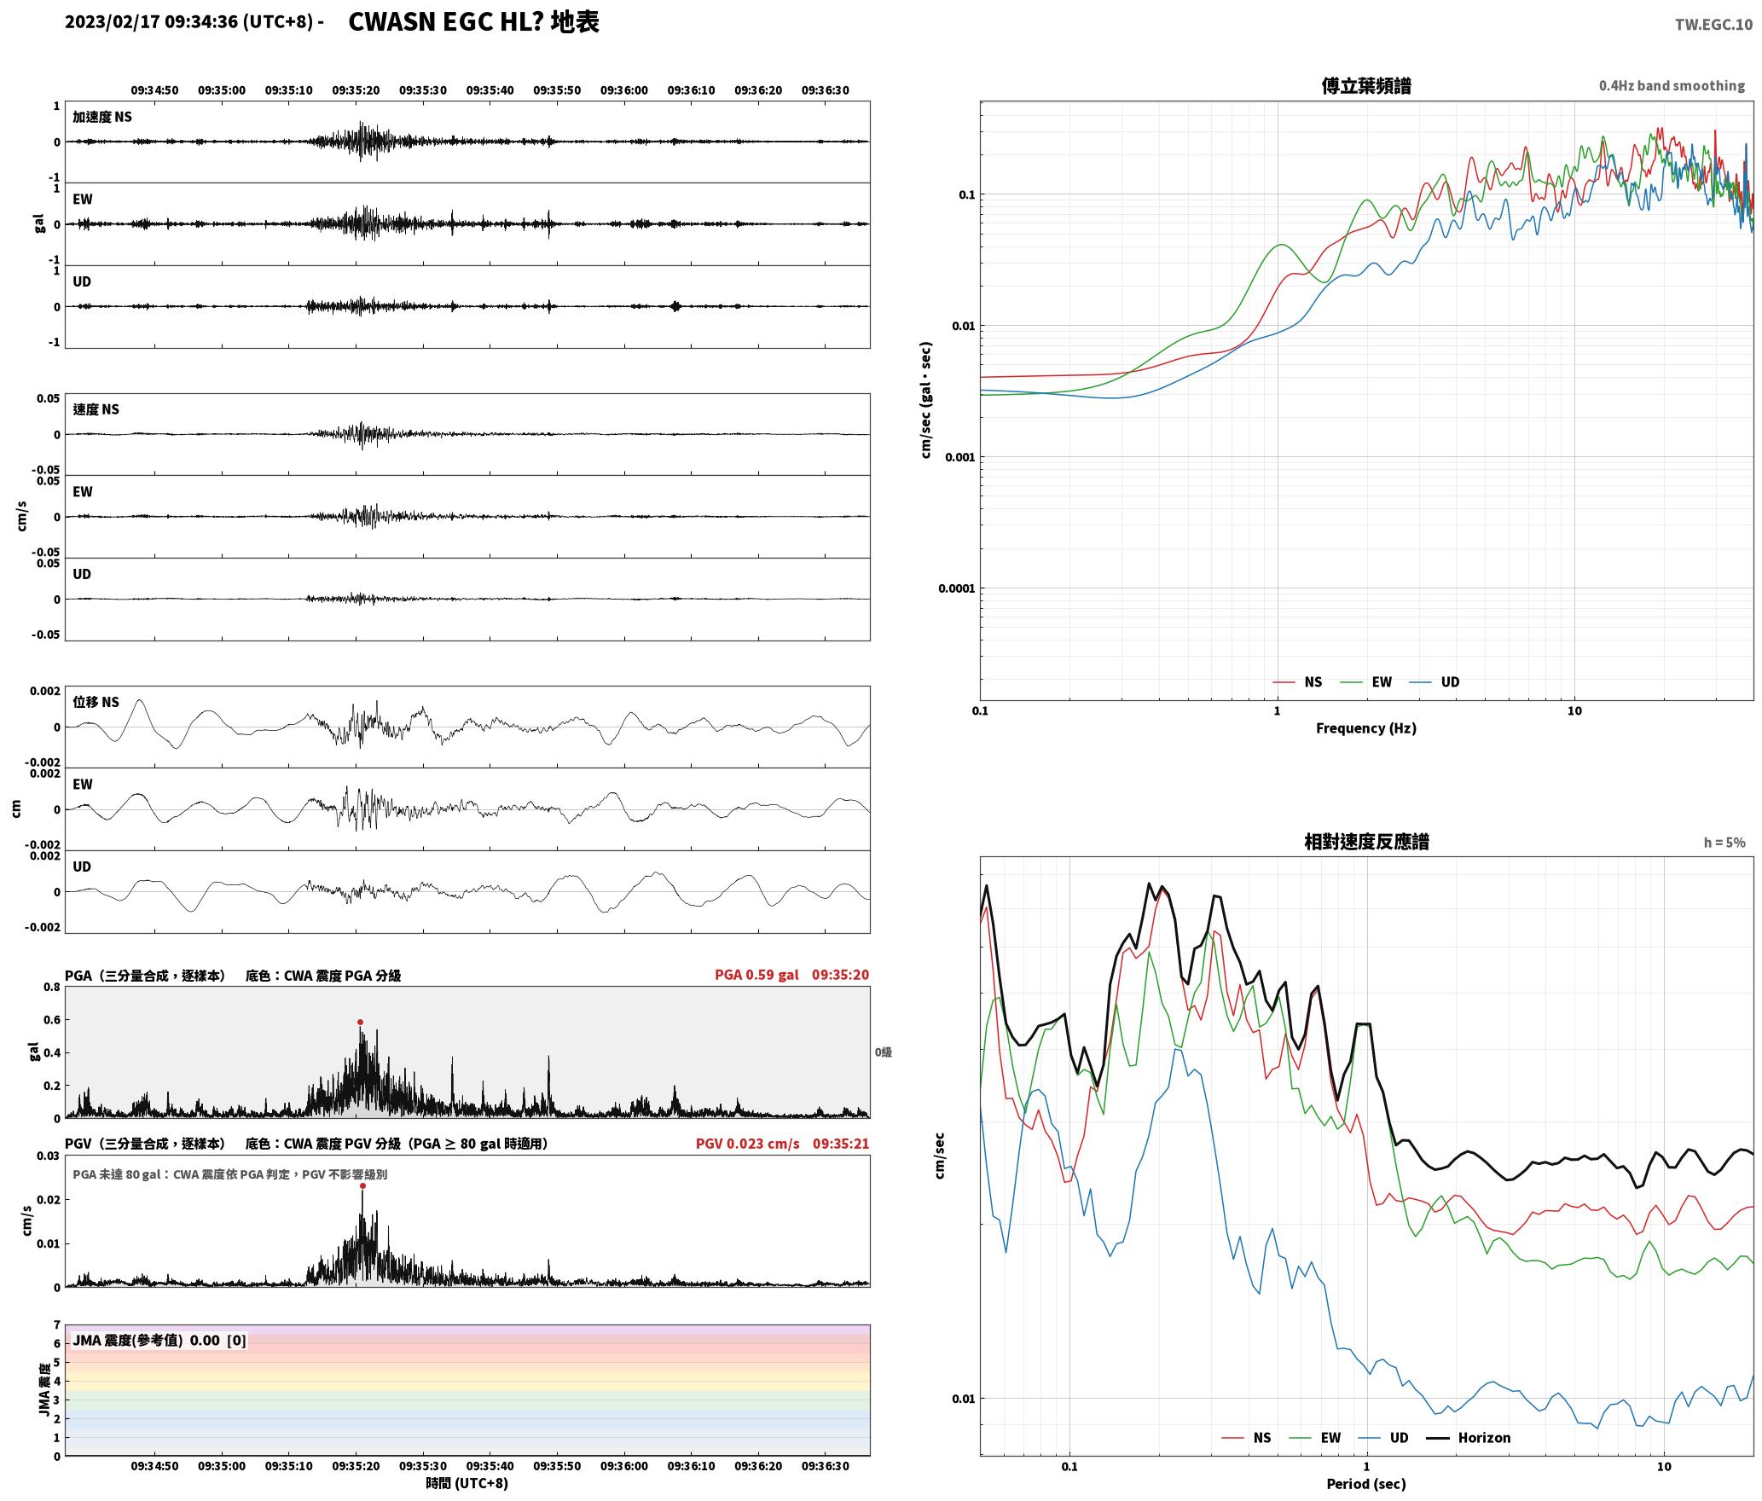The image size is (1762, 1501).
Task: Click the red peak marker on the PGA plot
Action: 360,1022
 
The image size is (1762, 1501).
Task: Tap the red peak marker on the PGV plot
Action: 362,1185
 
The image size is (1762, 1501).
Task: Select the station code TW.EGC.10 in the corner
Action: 1713,25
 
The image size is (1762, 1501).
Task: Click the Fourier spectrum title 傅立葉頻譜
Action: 1365,85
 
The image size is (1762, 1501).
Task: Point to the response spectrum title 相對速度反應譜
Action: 1366,842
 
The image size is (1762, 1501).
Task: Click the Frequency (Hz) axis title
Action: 1365,727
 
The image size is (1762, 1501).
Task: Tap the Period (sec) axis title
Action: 1365,1484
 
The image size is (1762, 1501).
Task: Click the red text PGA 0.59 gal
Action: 756,975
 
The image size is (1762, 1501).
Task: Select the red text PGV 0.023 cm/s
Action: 748,1144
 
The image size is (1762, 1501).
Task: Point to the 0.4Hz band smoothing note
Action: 1672,85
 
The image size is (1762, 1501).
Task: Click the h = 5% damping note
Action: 1724,843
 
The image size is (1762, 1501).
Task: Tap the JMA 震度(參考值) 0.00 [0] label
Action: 159,1340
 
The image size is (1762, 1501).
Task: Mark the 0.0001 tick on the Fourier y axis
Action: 956,588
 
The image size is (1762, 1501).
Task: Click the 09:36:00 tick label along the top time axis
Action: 623,90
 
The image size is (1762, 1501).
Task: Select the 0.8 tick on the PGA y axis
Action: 51,988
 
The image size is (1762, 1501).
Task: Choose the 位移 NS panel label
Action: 96,702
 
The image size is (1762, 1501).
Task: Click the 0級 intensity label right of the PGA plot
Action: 883,1052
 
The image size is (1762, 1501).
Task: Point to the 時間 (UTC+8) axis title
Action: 467,1483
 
